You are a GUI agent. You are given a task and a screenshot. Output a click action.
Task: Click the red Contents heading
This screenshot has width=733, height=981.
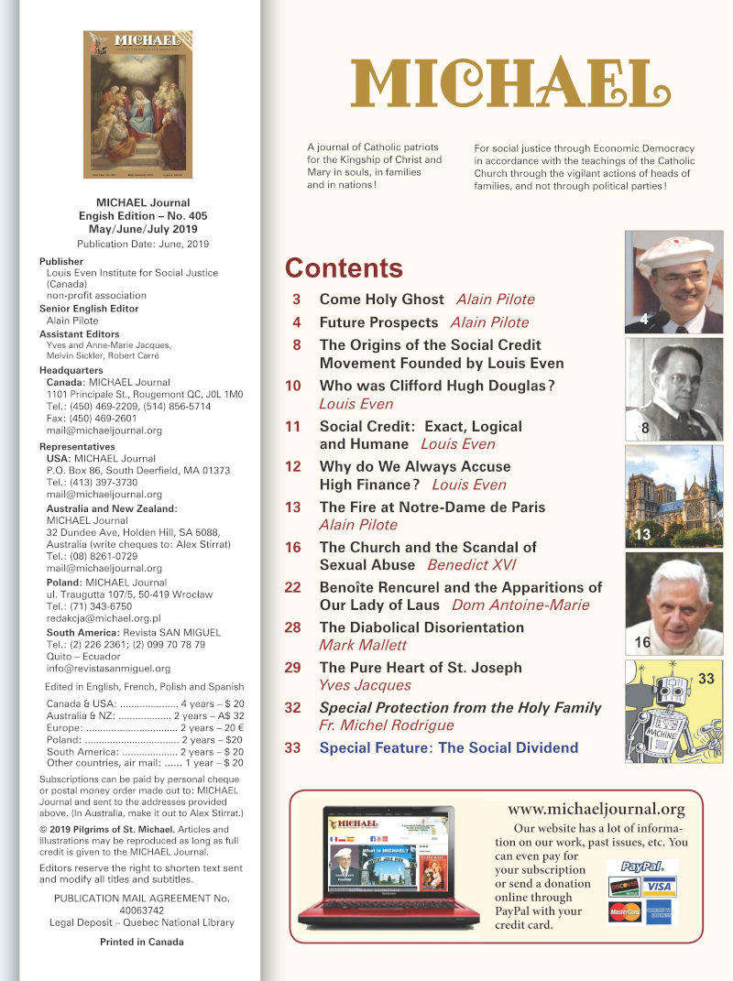coord(344,267)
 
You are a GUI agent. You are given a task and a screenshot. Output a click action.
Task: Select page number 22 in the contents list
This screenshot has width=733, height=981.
coord(293,587)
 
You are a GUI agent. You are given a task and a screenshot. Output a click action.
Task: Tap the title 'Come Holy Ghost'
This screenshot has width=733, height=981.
coord(381,300)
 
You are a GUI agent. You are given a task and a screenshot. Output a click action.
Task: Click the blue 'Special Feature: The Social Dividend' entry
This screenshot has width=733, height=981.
coord(449,747)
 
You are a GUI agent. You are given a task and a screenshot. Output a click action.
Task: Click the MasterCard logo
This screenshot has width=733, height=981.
coord(624,912)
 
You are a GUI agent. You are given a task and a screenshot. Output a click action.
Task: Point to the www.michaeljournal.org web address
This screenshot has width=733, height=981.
coord(596,809)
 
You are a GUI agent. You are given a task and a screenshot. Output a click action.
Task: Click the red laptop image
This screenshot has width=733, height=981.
coord(388,866)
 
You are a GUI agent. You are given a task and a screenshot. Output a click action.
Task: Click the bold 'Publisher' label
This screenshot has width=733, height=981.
coord(61,261)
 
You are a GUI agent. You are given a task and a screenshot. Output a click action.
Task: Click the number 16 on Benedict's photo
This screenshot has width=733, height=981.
coord(643,643)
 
